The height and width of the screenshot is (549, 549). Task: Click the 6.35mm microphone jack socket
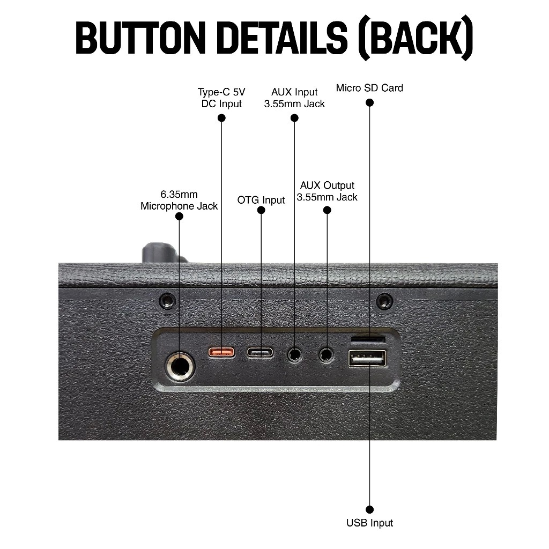coord(180,367)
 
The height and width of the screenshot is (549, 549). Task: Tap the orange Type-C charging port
coord(221,352)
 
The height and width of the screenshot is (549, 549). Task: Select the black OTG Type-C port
coord(261,353)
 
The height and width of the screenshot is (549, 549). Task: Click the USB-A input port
coord(368,358)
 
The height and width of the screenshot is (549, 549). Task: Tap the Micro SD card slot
coord(368,339)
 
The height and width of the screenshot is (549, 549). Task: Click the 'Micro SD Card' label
coord(369,87)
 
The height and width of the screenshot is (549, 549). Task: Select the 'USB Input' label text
coord(369,523)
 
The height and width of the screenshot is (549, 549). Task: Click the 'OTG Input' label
coord(261,200)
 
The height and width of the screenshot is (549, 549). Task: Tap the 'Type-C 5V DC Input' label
coord(221,98)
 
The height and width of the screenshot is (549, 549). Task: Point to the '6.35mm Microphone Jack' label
coord(179,200)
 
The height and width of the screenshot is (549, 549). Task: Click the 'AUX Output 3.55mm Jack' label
coord(327,191)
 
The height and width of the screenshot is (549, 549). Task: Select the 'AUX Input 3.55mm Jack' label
coord(294,98)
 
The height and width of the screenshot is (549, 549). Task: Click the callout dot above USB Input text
coord(369,509)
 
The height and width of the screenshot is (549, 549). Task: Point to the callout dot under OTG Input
coord(261,210)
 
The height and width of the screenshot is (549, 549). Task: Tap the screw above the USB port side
coord(384,301)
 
